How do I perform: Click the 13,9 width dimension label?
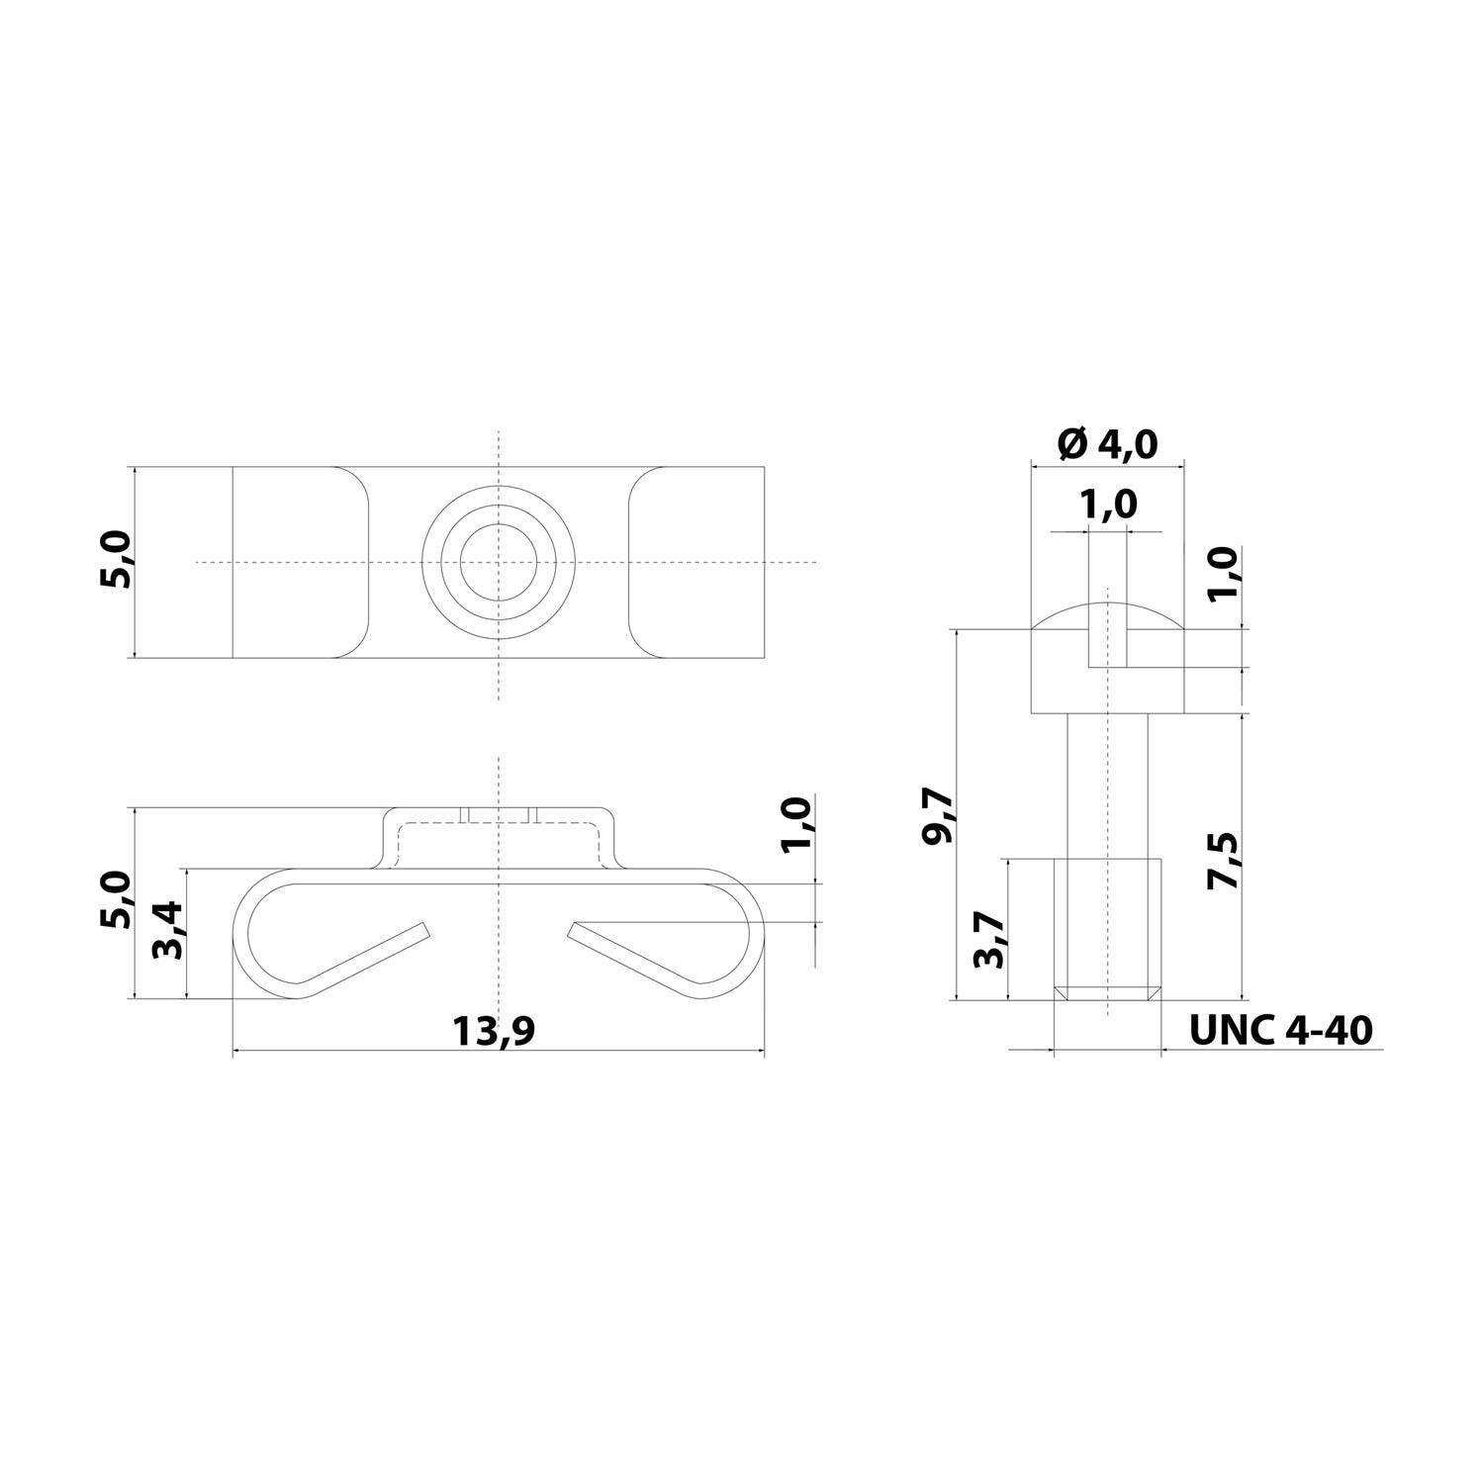point(494,1031)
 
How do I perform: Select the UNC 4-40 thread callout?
point(1280,1030)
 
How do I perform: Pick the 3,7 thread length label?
point(989,939)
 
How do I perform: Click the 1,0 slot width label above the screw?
point(1107,504)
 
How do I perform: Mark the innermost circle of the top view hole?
point(499,562)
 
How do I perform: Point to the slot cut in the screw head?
point(1107,643)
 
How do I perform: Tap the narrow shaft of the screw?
point(1107,782)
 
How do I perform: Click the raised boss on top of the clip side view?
point(499,839)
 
